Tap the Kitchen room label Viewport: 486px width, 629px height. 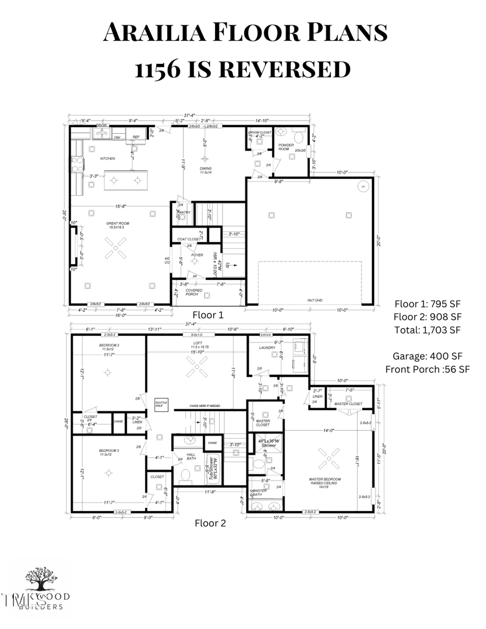click(108, 159)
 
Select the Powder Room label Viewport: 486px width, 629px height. click(286, 147)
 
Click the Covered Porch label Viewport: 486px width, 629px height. click(194, 293)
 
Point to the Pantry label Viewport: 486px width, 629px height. click(185, 212)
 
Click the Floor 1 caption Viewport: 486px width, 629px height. click(208, 315)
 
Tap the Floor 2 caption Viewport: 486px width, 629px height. click(210, 523)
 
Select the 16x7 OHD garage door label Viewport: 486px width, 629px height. click(314, 301)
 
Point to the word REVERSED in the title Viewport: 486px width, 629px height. click(284, 69)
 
